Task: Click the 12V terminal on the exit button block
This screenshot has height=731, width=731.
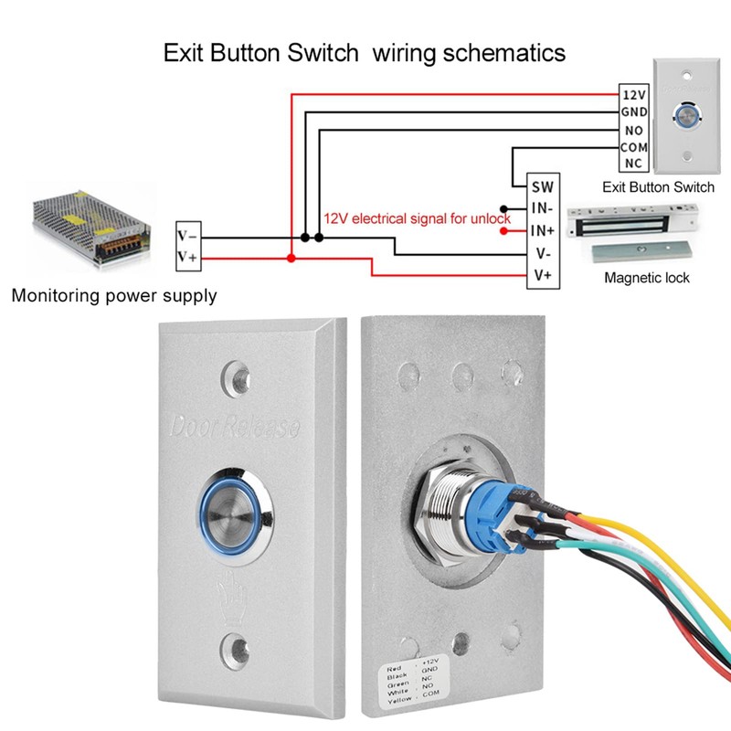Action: click(x=633, y=94)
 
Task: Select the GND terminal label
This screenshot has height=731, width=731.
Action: click(x=633, y=111)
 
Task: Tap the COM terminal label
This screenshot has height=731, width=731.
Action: click(x=633, y=146)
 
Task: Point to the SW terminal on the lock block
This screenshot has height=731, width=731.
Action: click(x=541, y=186)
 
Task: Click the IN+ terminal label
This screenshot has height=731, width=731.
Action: click(x=541, y=230)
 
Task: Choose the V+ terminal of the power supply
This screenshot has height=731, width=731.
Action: click(x=188, y=259)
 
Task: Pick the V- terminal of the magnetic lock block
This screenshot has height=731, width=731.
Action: click(x=541, y=253)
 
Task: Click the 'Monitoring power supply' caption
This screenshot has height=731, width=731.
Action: click(x=114, y=296)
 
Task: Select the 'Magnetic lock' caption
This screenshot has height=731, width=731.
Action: click(x=647, y=278)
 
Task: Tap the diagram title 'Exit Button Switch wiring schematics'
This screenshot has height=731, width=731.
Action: click(x=364, y=53)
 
